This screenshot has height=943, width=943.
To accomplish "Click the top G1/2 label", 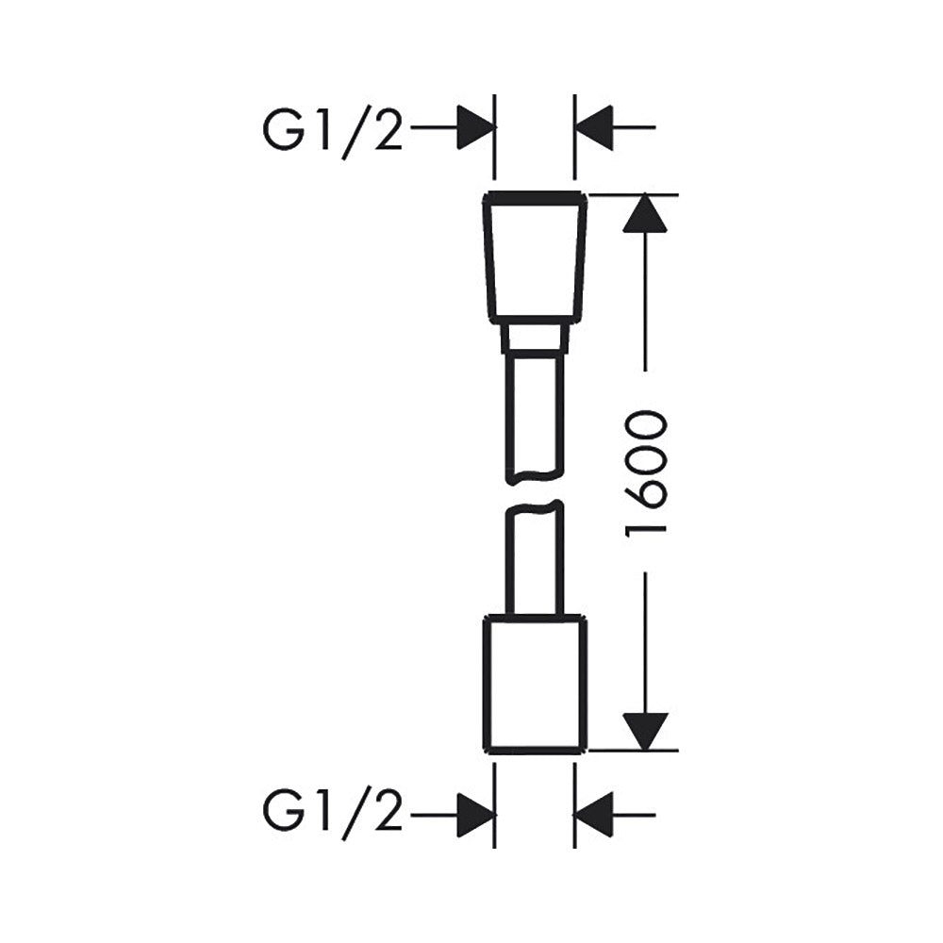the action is click(x=333, y=131).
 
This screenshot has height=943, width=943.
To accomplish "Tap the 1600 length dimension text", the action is click(x=645, y=472).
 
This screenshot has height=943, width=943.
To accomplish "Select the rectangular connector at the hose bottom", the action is click(x=535, y=685).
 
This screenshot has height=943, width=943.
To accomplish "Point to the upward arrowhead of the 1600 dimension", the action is click(x=645, y=211).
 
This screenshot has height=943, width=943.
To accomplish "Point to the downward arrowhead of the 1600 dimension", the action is click(x=645, y=732).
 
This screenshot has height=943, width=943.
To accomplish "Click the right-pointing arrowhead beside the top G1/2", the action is click(x=475, y=127).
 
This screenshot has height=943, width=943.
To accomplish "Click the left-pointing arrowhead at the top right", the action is click(x=594, y=127).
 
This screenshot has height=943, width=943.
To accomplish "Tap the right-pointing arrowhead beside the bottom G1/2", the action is click(x=475, y=815).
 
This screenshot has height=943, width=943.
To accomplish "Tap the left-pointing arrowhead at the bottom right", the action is click(x=594, y=815).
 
